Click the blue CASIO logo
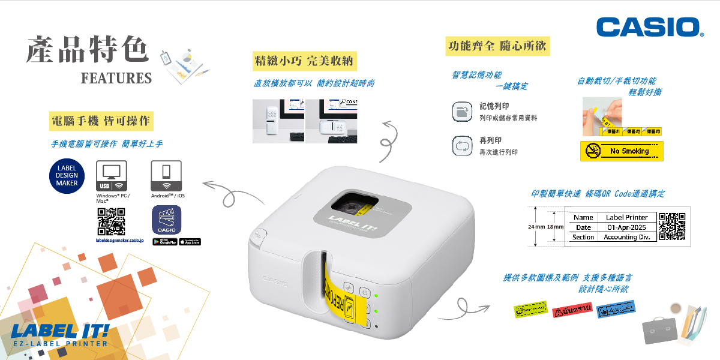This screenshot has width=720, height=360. (650, 27)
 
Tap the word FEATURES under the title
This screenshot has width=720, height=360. (116, 78)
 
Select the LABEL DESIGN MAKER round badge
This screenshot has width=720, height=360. (67, 175)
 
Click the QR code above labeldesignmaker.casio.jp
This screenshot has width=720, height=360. (111, 221)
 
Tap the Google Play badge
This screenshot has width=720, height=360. (164, 242)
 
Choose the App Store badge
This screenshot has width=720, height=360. (190, 242)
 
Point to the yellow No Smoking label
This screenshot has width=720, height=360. (622, 151)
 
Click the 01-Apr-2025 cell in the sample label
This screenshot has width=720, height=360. (626, 227)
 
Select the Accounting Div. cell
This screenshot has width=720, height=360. (626, 237)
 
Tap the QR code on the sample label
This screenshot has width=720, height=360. (672, 226)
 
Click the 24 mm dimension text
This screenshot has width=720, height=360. (536, 227)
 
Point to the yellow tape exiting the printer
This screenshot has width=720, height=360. (333, 288)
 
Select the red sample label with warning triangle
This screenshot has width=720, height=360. (572, 310)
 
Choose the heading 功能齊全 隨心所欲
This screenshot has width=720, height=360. (497, 46)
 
